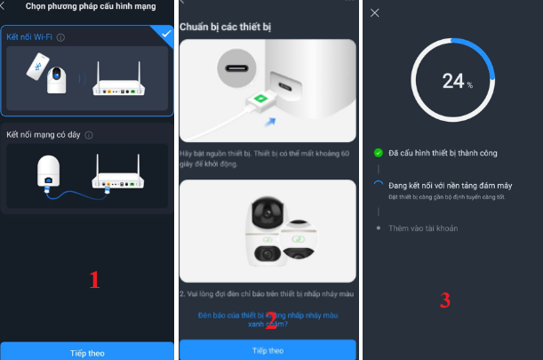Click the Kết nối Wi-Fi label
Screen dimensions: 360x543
click(28, 37)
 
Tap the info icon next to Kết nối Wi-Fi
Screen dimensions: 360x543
click(60, 37)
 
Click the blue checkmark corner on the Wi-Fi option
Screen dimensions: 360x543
click(162, 34)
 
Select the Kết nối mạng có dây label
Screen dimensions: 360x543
click(44, 134)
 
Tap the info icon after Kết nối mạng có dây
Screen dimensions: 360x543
click(90, 135)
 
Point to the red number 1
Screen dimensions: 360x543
click(94, 279)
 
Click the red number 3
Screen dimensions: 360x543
click(444, 300)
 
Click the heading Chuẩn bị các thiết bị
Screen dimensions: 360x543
click(226, 28)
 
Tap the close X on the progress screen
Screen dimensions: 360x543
click(374, 12)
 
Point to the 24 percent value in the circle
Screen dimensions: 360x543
click(454, 82)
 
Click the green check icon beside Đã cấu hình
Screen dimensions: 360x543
click(379, 153)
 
